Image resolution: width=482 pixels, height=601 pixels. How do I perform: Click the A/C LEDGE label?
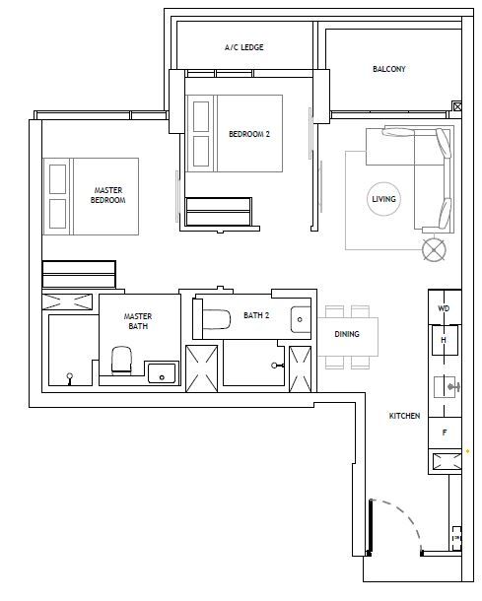tap(243, 47)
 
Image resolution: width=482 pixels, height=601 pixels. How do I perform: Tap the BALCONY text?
tap(388, 69)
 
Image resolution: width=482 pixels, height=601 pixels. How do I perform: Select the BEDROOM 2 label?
tap(249, 134)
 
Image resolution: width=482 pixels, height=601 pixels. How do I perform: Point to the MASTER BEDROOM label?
tap(107, 195)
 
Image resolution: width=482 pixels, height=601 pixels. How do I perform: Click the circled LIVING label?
tap(383, 199)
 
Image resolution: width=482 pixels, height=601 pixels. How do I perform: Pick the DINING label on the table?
tap(347, 334)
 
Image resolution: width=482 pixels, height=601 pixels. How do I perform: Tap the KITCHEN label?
tap(404, 416)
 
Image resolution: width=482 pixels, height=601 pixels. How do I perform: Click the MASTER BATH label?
tap(138, 321)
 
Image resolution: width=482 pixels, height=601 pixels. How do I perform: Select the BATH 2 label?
tap(256, 315)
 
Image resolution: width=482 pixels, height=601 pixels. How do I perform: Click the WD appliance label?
tap(444, 308)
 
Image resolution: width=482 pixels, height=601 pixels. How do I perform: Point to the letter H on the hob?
tap(444, 340)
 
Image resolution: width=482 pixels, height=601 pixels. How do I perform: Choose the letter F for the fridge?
tap(445, 433)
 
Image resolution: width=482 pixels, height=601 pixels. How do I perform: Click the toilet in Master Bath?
tap(121, 360)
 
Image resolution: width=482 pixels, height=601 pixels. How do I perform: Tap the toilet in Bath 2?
tap(216, 319)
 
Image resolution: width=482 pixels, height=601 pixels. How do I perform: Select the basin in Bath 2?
tap(301, 319)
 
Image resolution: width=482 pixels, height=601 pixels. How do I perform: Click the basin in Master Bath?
tap(162, 373)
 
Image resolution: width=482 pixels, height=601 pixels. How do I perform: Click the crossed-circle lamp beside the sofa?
tap(434, 250)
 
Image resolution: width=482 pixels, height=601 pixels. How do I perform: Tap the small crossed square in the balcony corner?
tap(457, 106)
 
